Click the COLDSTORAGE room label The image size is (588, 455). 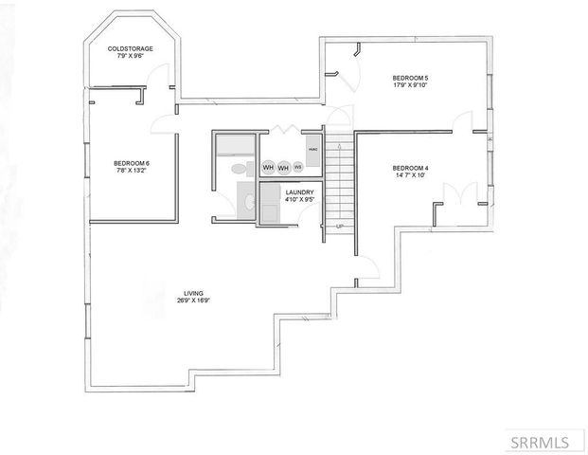pos(131,48)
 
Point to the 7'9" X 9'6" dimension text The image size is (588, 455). pos(131,56)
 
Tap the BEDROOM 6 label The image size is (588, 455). pos(132,162)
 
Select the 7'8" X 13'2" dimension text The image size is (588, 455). pos(132,171)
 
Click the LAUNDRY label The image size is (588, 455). pos(299,192)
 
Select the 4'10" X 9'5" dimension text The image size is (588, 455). pos(299,200)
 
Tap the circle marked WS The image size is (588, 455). pos(297,167)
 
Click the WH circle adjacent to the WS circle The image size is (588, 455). pos(283,167)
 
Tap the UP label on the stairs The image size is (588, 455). pos(339,227)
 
